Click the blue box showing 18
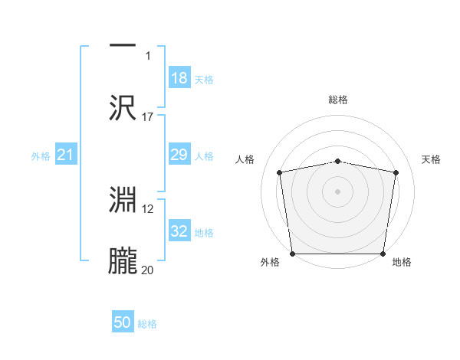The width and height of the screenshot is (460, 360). click(x=179, y=78)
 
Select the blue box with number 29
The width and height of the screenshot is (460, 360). click(x=179, y=155)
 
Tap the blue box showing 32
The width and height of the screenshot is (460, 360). click(x=179, y=232)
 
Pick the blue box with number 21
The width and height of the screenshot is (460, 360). click(x=66, y=155)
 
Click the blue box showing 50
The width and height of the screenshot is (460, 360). click(x=123, y=322)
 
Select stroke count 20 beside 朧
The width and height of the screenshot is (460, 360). click(x=148, y=270)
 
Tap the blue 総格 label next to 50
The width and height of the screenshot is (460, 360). click(x=147, y=324)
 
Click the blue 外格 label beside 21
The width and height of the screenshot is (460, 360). click(x=41, y=156)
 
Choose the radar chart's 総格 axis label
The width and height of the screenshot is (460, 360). click(x=338, y=100)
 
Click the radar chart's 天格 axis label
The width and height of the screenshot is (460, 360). click(x=431, y=159)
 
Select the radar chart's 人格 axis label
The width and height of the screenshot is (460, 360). click(x=245, y=159)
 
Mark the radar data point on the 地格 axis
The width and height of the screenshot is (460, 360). click(x=383, y=254)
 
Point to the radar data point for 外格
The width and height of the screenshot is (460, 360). click(x=292, y=254)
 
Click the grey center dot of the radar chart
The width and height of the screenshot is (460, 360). click(x=338, y=191)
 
